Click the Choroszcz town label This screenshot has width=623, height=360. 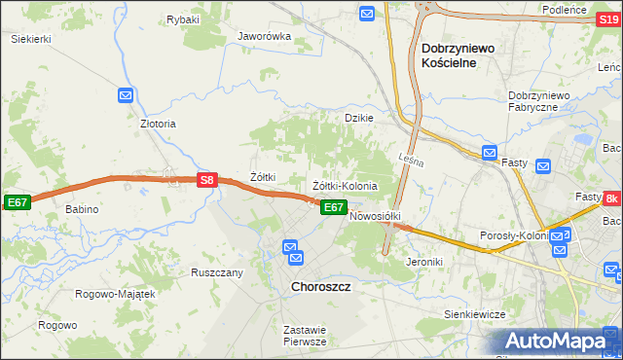tap(320, 288)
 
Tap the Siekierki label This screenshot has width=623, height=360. tap(30, 39)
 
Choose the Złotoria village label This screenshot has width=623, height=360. tap(158, 125)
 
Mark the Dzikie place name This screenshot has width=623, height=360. tap(359, 118)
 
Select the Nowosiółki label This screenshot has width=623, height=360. tap(375, 216)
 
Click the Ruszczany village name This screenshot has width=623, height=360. tap(216, 273)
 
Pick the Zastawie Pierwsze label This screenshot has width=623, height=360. tap(304, 336)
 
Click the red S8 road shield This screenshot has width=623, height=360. tap(205, 180)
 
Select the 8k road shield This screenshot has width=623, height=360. tap(611, 198)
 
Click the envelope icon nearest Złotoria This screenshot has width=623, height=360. tap(126, 95)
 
